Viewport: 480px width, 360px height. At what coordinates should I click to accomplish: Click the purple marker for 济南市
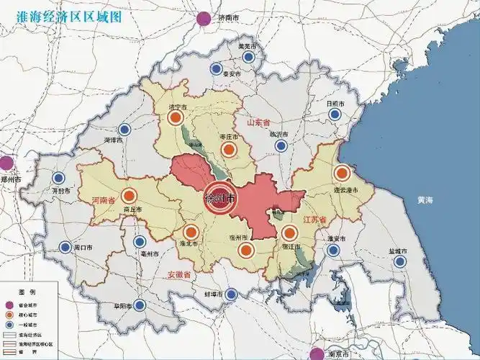(x=204, y=19)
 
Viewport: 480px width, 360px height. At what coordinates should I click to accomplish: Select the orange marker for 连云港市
(x=342, y=174)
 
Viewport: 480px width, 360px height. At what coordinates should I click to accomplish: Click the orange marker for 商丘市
(x=130, y=195)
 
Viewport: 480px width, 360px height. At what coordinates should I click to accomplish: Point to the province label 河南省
(x=103, y=201)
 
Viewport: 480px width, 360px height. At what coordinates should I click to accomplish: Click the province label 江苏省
(x=315, y=219)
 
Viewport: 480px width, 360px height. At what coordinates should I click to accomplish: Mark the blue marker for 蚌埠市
(x=231, y=294)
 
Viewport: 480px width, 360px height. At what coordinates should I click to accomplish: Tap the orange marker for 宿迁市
(x=290, y=233)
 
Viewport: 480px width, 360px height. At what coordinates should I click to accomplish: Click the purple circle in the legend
(x=11, y=305)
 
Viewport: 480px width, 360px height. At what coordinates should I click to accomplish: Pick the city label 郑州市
(x=13, y=179)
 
